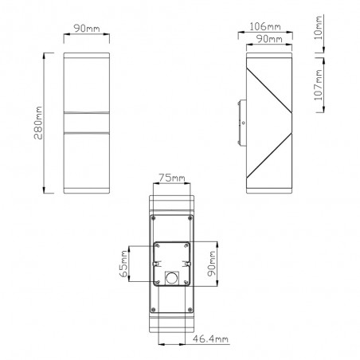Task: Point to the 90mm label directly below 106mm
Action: (262, 39)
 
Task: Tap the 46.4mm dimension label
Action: (210, 340)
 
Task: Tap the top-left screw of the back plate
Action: (150, 216)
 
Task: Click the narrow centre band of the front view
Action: (85, 123)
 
